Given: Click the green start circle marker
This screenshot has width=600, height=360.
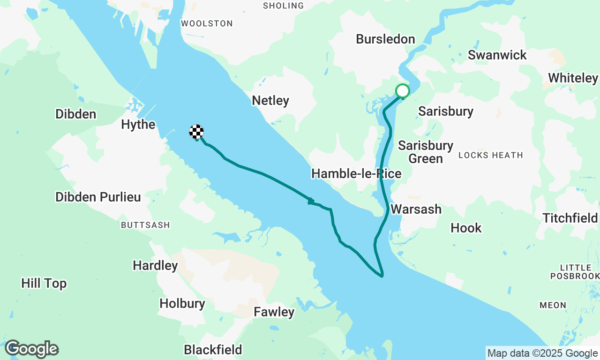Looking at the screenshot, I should pos(403,90).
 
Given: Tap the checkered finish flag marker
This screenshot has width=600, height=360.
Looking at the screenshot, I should pos(196,132).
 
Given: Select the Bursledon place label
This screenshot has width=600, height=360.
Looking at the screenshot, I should pos(385,39).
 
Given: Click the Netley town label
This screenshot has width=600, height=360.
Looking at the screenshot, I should pos(270,100).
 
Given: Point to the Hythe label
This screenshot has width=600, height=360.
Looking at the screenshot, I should pos(138,124).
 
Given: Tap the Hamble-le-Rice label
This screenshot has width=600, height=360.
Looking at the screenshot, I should pos(356,174).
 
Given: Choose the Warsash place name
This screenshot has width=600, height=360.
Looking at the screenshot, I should pos(416,209).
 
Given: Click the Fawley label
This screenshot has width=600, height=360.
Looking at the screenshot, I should pos(274,312).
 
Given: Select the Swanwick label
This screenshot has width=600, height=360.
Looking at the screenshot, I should pos(497,55).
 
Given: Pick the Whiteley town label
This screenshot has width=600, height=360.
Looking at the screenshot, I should pos(573,78).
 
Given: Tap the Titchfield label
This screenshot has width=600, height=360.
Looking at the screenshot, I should pos(570,218).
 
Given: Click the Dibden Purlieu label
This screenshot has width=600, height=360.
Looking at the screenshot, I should pos(98,197).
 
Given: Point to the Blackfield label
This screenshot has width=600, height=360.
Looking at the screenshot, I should pos(213,350).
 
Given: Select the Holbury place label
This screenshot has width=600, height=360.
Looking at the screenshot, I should pos(182,303).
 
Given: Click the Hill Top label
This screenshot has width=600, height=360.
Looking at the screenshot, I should pos(44,283).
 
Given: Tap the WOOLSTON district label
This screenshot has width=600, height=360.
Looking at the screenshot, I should pos(207,23).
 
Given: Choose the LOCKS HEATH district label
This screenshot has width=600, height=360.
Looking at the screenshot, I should pos(490,155).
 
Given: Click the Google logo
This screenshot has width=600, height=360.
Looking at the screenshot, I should pos(31,349).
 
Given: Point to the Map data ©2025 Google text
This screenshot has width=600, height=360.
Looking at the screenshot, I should pos(542,353).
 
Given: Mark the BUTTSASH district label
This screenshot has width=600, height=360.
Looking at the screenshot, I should pos(145,225).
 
